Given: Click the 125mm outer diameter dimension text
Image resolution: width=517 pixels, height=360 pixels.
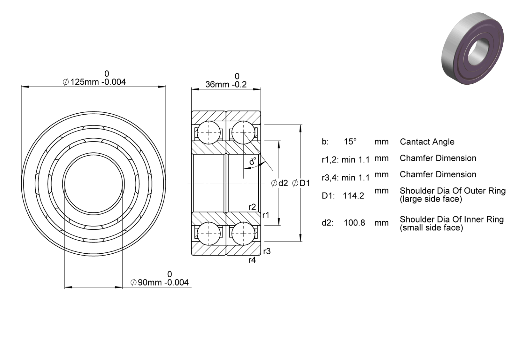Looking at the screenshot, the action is pyautogui.click(x=95, y=82).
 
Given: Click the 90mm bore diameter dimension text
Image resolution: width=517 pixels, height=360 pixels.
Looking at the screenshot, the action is pyautogui.click(x=159, y=282).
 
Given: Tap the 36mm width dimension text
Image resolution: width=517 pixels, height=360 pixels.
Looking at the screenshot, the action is pyautogui.click(x=226, y=84).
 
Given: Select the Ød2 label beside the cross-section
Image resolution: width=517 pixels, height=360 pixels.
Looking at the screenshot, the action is pyautogui.click(x=280, y=183).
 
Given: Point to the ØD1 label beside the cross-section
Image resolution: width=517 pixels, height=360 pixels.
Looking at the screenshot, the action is pyautogui.click(x=301, y=183).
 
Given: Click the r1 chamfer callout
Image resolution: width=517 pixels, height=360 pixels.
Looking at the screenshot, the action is pyautogui.click(x=266, y=215).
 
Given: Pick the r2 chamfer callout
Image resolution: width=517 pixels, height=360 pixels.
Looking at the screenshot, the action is pyautogui.click(x=252, y=207).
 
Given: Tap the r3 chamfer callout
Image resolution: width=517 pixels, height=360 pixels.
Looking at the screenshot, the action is pyautogui.click(x=267, y=251).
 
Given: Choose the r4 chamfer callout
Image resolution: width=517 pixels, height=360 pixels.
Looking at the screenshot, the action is pyautogui.click(x=252, y=260).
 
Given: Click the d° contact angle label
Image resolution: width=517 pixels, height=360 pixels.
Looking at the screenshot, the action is pyautogui.click(x=253, y=161).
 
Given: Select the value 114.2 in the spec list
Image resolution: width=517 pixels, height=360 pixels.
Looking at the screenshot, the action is pyautogui.click(x=353, y=196).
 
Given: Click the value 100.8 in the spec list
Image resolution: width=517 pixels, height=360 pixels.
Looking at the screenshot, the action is pyautogui.click(x=354, y=223).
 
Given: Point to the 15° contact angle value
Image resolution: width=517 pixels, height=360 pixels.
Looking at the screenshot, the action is pyautogui.click(x=350, y=141).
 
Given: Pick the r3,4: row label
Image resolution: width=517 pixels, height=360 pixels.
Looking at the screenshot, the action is pyautogui.click(x=330, y=178).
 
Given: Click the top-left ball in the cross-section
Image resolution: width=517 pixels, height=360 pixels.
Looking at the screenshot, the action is pyautogui.click(x=209, y=133).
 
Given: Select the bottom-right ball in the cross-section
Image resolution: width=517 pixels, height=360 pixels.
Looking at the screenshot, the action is pyautogui.click(x=243, y=234).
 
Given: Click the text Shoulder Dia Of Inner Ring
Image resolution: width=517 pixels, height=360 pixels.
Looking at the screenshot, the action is pyautogui.click(x=452, y=219).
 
